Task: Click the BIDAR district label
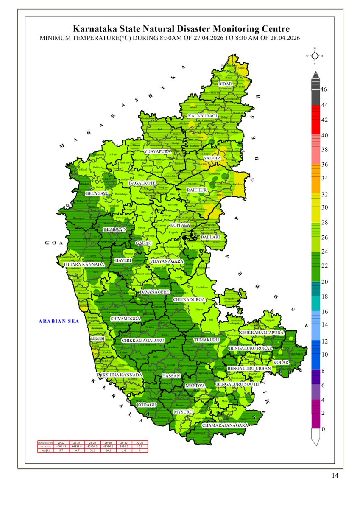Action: pos(225,84)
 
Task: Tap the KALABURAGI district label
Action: pos(203,116)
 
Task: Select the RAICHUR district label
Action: pos(196,190)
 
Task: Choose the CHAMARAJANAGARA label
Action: pos(225,425)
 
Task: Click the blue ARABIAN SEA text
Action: pos(59,322)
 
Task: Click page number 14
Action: pos(335,475)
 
